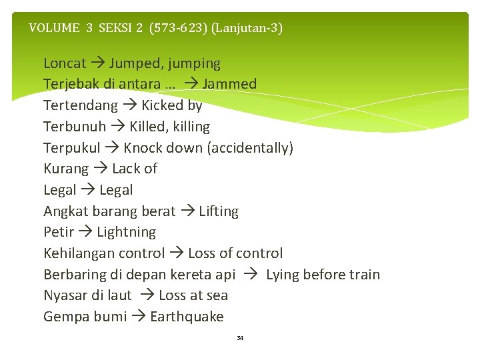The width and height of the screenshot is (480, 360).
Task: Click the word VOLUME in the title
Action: point(54,28)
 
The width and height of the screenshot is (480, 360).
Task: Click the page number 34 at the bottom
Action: point(240,339)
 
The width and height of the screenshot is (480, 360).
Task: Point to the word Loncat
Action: point(65,63)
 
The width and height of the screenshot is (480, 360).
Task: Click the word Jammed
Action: point(229,85)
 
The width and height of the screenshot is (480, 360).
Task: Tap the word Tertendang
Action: point(81,105)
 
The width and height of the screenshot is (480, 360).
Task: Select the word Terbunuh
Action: point(75,127)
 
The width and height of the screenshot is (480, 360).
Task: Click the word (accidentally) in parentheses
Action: point(250,148)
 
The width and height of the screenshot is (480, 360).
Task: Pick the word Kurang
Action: point(66,169)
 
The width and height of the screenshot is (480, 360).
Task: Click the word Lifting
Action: point(219,211)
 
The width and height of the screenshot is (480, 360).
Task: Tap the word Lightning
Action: point(127,233)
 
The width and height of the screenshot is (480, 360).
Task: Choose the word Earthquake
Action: point(187,317)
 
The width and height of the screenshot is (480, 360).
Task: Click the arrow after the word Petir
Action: point(85,233)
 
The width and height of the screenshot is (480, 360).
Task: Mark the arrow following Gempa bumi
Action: point(138,317)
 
